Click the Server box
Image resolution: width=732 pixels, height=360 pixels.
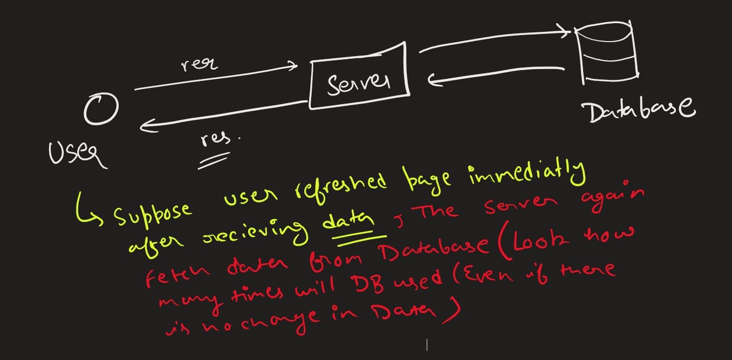[x=359, y=81]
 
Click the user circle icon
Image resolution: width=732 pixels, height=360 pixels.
[x=101, y=110]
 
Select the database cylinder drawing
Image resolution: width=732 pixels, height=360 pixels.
[x=606, y=53]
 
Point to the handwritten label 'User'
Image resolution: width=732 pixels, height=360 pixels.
[x=77, y=154]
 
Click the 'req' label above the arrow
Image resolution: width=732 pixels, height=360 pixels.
[x=199, y=64]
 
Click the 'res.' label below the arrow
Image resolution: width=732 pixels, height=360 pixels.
[x=218, y=140]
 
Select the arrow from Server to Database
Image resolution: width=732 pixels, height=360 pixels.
[x=494, y=41]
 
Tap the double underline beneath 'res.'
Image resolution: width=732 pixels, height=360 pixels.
[x=213, y=161]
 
